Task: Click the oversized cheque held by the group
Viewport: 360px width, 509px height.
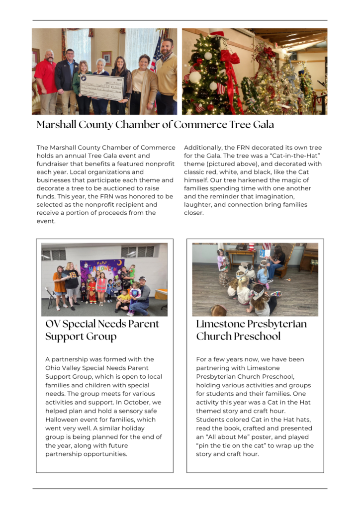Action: tap(101, 87)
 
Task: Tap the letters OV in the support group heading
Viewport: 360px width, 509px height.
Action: tap(53, 324)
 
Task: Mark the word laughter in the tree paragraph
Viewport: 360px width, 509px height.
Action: tap(196, 204)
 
